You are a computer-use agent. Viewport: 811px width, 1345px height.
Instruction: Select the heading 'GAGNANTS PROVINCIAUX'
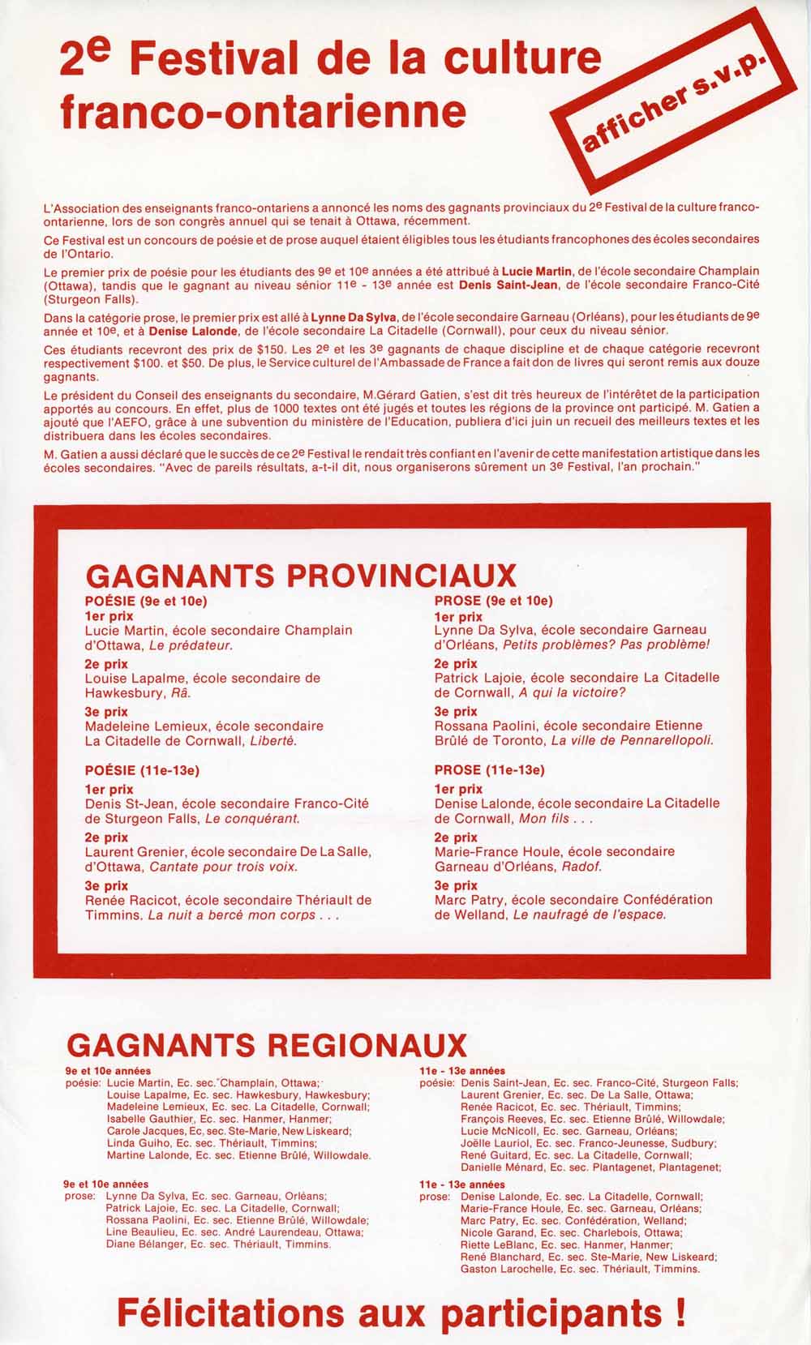[301, 575]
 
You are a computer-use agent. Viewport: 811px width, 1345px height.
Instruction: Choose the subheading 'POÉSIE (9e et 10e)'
[146, 601]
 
